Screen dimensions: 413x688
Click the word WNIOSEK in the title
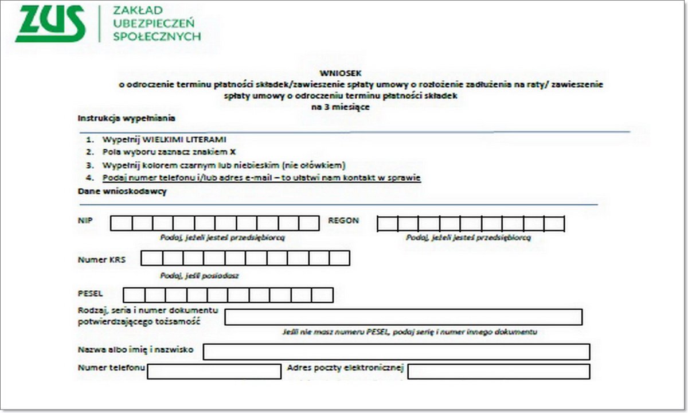click(x=362, y=73)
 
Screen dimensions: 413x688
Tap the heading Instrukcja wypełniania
click(x=126, y=118)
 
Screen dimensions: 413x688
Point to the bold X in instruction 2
click(x=233, y=152)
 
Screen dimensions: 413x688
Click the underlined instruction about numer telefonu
click(x=261, y=178)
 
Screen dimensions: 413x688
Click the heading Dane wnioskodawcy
click(x=122, y=192)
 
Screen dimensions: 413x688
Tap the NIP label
click(x=85, y=221)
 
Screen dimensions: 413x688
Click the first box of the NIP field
click(x=121, y=223)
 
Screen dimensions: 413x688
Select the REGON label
click(x=343, y=221)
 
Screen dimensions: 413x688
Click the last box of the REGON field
click(x=554, y=224)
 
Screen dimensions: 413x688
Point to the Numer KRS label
click(x=101, y=259)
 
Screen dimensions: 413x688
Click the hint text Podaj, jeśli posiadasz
click(x=200, y=275)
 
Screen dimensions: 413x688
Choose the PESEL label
click(x=91, y=294)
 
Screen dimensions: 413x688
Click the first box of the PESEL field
click(x=134, y=295)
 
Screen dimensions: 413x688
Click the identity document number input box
click(x=403, y=317)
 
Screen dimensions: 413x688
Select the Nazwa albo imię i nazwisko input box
click(x=396, y=352)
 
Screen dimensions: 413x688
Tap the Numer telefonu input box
click(x=214, y=371)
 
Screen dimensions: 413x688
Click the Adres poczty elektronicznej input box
click(x=498, y=371)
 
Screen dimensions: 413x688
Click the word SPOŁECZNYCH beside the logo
click(x=157, y=37)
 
